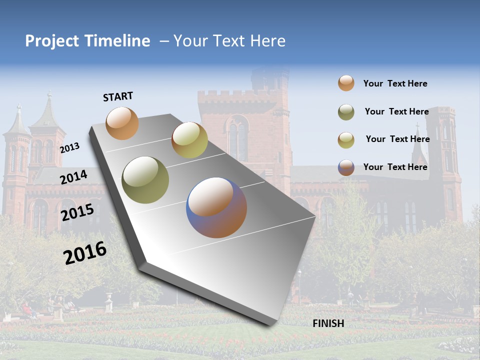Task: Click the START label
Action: (118, 96)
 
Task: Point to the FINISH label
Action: (328, 323)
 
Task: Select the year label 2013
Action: (69, 147)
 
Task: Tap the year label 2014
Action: (74, 177)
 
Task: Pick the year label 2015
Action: (77, 212)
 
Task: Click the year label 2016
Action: (85, 253)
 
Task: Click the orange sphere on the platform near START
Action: (122, 123)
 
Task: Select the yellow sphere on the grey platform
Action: (189, 140)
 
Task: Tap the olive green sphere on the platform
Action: (145, 180)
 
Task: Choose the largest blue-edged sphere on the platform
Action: (216, 207)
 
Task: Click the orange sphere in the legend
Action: (346, 83)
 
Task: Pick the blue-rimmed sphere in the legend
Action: (346, 167)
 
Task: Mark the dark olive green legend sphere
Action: (346, 112)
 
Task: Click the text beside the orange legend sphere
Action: (395, 83)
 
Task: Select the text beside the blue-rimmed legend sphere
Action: (395, 167)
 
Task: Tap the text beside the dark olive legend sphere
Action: (396, 111)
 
